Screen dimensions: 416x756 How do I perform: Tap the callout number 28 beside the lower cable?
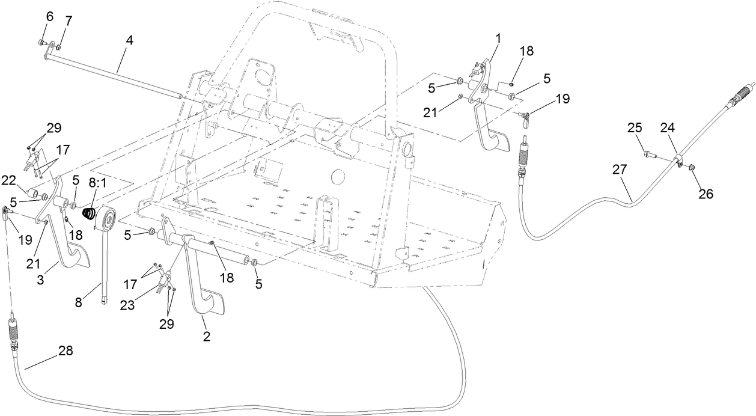[x=66, y=351]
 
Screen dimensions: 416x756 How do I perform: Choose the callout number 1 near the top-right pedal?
[x=498, y=38]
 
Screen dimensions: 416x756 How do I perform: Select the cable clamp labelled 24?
[x=677, y=160]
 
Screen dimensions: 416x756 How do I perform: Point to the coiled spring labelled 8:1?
[x=90, y=213]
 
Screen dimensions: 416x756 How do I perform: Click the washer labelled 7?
[x=58, y=46]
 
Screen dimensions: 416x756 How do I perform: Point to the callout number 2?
[x=207, y=337]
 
